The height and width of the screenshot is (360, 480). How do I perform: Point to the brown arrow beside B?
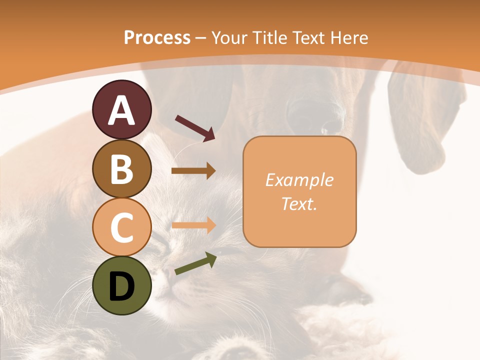193,171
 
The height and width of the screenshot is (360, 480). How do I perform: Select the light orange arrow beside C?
193,225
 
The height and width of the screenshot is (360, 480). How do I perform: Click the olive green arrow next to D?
195,263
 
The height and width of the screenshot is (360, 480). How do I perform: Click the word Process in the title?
157,37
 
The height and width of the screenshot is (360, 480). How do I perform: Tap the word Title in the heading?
269,37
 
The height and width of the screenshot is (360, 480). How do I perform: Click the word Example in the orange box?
299,180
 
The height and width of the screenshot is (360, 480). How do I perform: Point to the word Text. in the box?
299,203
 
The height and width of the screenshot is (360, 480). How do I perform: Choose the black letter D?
122,286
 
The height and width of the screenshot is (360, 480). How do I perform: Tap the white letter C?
122,227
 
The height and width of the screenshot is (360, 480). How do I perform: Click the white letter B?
122,169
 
